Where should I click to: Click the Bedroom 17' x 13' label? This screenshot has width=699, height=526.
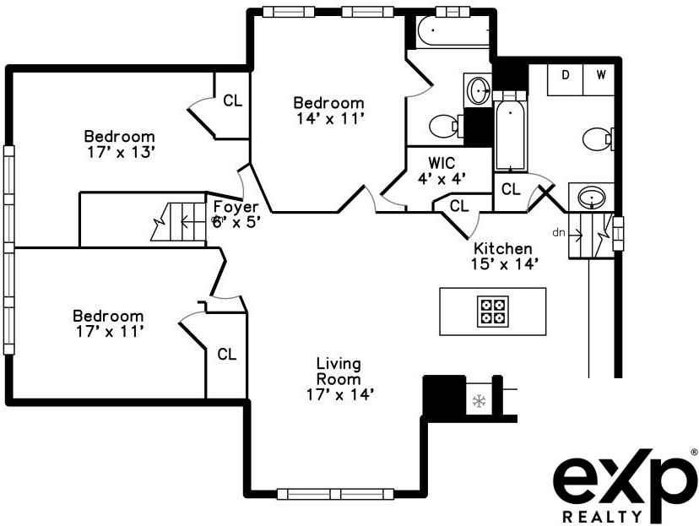click(x=119, y=144)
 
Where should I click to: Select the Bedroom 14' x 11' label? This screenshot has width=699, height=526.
click(x=329, y=111)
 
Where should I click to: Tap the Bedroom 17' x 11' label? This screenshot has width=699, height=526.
click(x=109, y=323)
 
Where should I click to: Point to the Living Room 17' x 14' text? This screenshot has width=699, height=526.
click(x=339, y=378)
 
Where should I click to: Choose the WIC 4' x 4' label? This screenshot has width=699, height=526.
click(x=442, y=170)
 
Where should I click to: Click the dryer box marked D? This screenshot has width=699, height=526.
click(x=566, y=74)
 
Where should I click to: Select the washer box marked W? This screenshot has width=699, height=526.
click(x=601, y=74)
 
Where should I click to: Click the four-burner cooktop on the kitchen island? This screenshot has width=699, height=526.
click(x=492, y=311)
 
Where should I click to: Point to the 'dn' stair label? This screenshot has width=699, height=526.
click(x=558, y=231)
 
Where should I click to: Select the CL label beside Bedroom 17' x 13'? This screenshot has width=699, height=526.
click(x=232, y=100)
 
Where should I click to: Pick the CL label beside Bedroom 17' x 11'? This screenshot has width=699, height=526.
click(x=226, y=355)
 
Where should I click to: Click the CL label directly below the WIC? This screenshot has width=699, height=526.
click(x=459, y=205)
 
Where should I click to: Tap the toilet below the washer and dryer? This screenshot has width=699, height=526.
click(x=598, y=138)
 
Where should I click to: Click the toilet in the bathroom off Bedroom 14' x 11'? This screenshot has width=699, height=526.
click(x=443, y=127)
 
